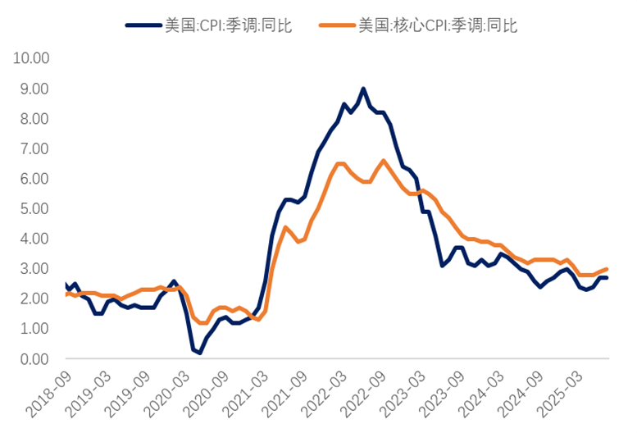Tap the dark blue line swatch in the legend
tap(143, 25)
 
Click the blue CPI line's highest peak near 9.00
tap(363, 89)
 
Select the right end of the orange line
tap(607, 269)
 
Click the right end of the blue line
tap(607, 278)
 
